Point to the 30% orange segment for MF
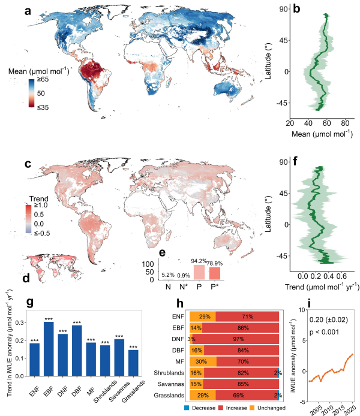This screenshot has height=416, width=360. (x=202, y=361)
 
